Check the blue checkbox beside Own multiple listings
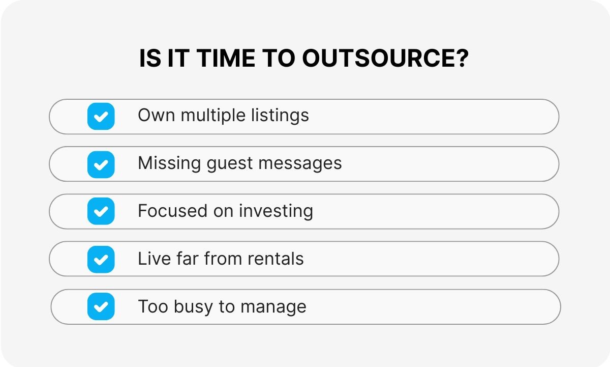coord(101,117)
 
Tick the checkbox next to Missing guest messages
coord(101,164)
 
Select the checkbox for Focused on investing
coord(101,211)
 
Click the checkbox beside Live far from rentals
coord(101,259)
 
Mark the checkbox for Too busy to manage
coord(101,306)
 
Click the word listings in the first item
coord(280,116)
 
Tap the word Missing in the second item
coord(170,163)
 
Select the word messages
coord(306,163)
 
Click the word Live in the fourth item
coord(151,259)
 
